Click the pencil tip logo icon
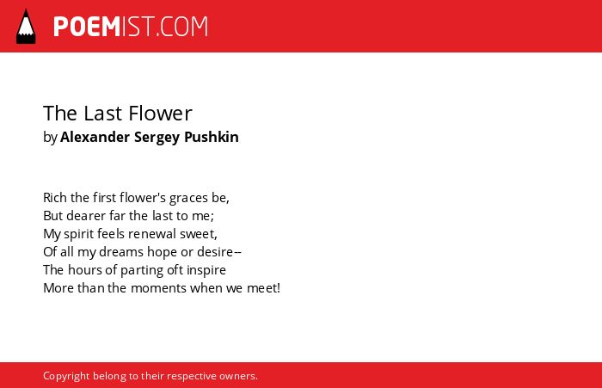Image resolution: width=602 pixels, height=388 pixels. pyautogui.click(x=26, y=27)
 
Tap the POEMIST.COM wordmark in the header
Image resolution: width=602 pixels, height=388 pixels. pyautogui.click(x=131, y=27)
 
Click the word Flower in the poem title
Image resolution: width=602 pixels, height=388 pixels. pyautogui.click(x=160, y=114)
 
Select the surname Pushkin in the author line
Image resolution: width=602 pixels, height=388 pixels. pyautogui.click(x=212, y=137)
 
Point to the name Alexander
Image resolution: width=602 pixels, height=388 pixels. pyautogui.click(x=95, y=137)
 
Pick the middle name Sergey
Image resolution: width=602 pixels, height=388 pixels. pyautogui.click(x=157, y=138)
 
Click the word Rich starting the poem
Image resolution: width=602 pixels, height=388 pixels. pyautogui.click(x=55, y=198)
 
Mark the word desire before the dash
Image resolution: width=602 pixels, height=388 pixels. pyautogui.click(x=215, y=251)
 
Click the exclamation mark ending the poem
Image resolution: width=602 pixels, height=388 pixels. pyautogui.click(x=279, y=287)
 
